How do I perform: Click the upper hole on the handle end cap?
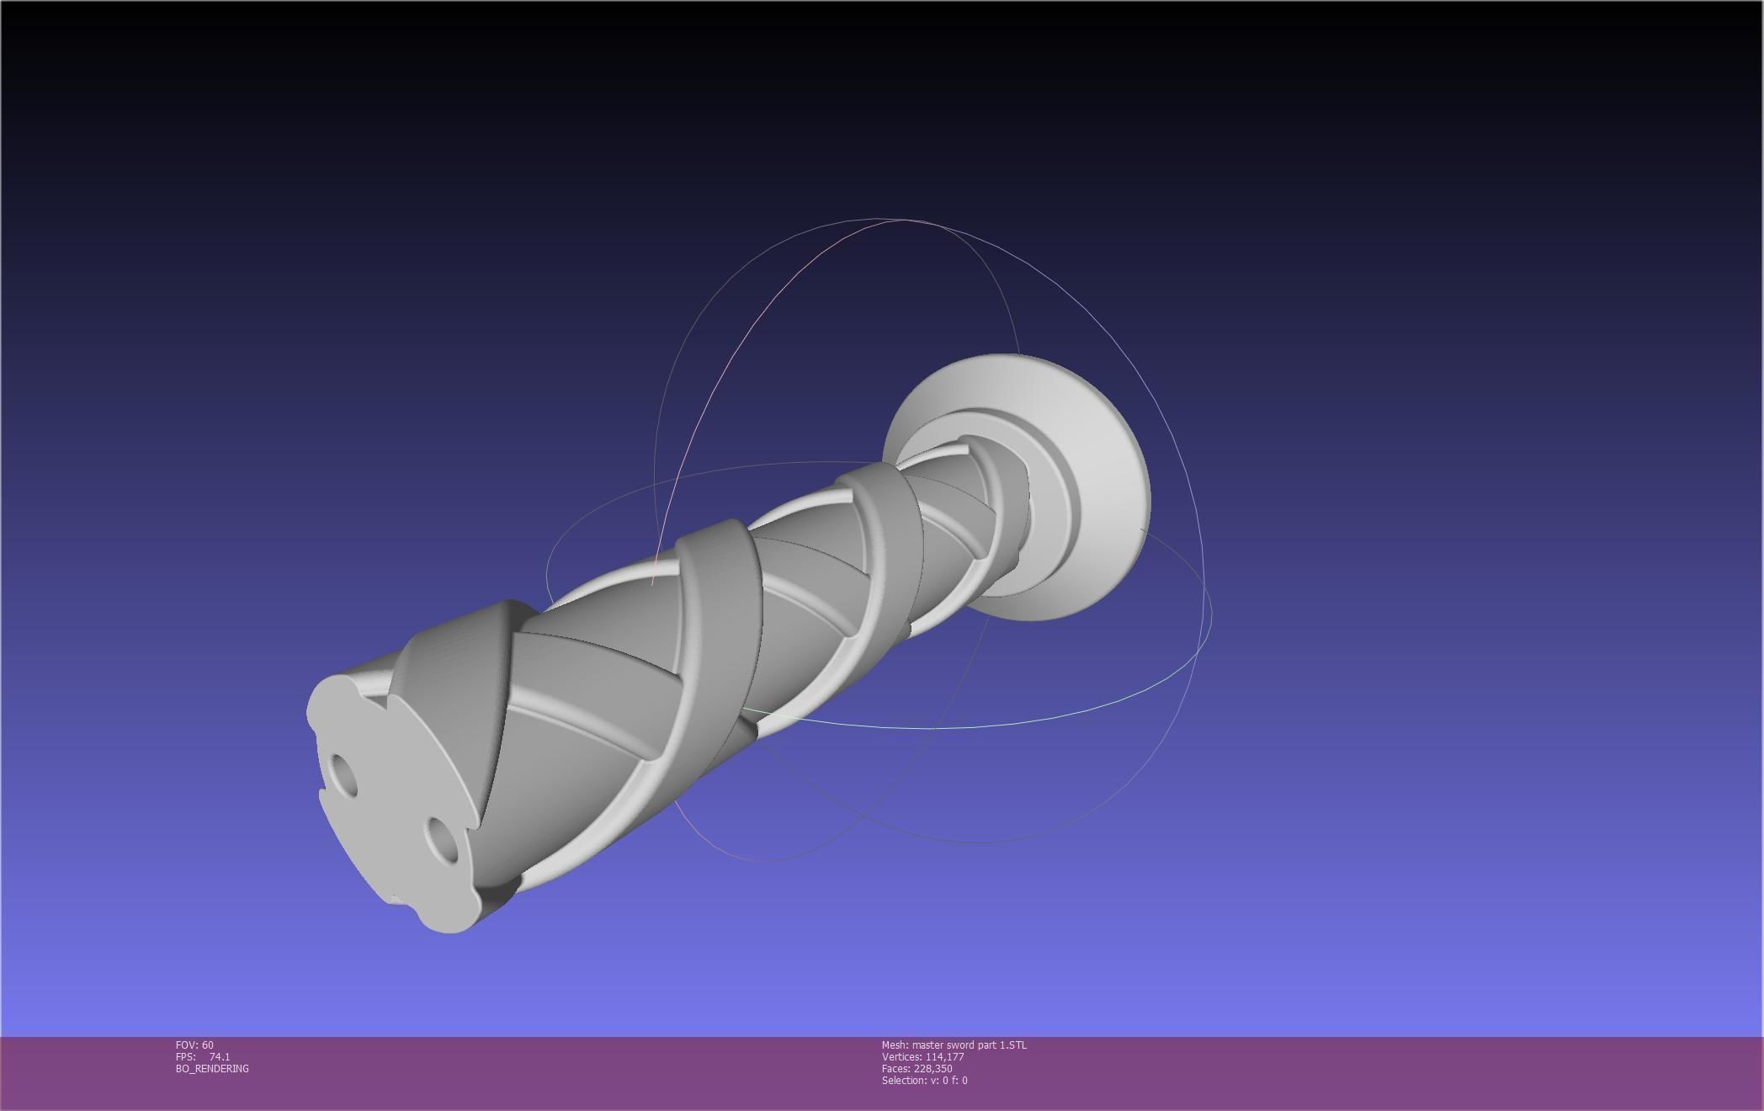343,775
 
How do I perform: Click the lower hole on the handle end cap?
443,838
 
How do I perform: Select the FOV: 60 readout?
194,1045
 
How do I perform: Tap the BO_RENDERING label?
212,1068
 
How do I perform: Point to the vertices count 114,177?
944,1056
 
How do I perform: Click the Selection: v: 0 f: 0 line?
924,1080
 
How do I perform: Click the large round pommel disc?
1102,471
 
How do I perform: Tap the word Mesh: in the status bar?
895,1045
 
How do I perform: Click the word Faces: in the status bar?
896,1068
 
